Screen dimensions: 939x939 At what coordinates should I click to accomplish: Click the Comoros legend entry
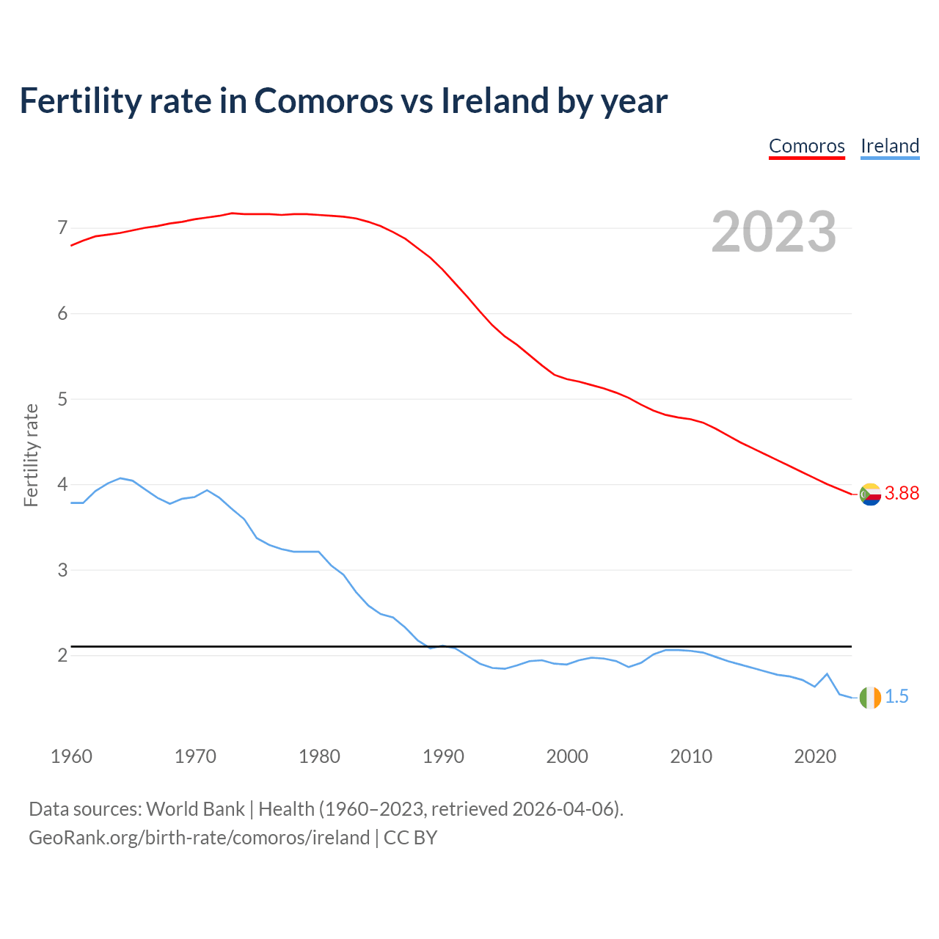[807, 146]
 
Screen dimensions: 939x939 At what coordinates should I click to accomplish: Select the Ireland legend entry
[890, 146]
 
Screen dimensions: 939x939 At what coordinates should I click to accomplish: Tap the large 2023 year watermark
[774, 232]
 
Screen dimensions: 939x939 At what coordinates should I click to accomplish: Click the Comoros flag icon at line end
[870, 494]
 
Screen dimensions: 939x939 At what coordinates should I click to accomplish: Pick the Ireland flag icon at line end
[870, 697]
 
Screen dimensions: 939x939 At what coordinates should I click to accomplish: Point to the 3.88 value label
[902, 494]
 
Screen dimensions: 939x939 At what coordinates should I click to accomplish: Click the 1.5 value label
[896, 697]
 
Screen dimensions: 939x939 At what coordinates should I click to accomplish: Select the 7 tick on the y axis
[62, 228]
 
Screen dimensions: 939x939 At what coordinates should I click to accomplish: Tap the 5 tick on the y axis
[62, 399]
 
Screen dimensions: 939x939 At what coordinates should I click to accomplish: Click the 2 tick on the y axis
[62, 655]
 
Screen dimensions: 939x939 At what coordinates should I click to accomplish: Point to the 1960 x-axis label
[71, 756]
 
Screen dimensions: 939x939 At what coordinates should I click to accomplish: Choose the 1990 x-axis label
[443, 756]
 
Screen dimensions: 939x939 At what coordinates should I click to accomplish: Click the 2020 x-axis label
[815, 756]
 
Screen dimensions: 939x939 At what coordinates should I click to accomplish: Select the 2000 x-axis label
[567, 756]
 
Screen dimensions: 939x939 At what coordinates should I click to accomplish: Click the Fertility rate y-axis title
[31, 455]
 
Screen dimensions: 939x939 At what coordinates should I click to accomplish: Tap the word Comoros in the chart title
[324, 101]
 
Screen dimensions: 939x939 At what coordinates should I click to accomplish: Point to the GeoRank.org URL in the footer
[199, 838]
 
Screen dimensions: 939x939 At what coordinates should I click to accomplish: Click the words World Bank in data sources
[195, 809]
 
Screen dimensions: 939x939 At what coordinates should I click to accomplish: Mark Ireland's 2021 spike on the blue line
[827, 673]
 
